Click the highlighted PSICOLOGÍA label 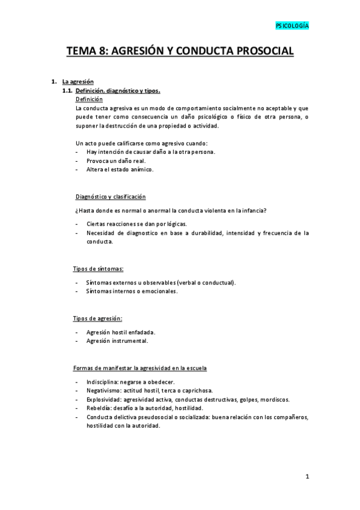(x=292, y=26)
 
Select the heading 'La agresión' (x=78, y=81)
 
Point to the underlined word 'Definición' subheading (x=90, y=99)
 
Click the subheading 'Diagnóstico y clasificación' (x=111, y=197)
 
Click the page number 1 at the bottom (x=307, y=477)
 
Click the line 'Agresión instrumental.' (x=117, y=340)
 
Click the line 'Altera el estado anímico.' (x=120, y=169)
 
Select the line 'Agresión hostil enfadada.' (x=121, y=332)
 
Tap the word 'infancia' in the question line (x=253, y=210)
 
